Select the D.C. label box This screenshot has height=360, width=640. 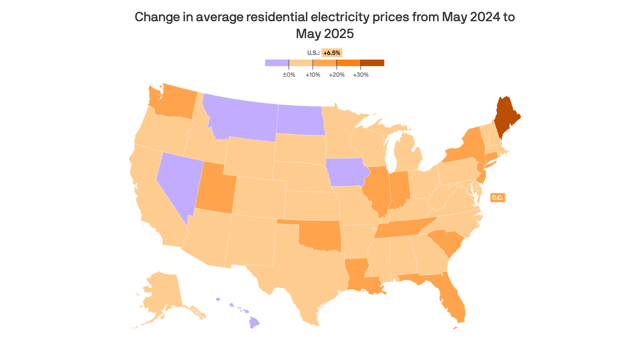pos(497,198)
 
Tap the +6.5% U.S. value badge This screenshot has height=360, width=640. pos(332,53)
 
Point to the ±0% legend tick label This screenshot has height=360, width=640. pos(289,75)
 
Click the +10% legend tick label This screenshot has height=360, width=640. pos(313,75)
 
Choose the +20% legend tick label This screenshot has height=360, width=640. pos(336,75)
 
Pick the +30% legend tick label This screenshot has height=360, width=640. pos(361,75)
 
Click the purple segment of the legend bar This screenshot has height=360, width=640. pos(277,63)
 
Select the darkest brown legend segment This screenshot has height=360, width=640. pos(372,63)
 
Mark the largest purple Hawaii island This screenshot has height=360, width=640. pos(254,322)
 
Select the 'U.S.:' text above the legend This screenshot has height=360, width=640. pos(313,53)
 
